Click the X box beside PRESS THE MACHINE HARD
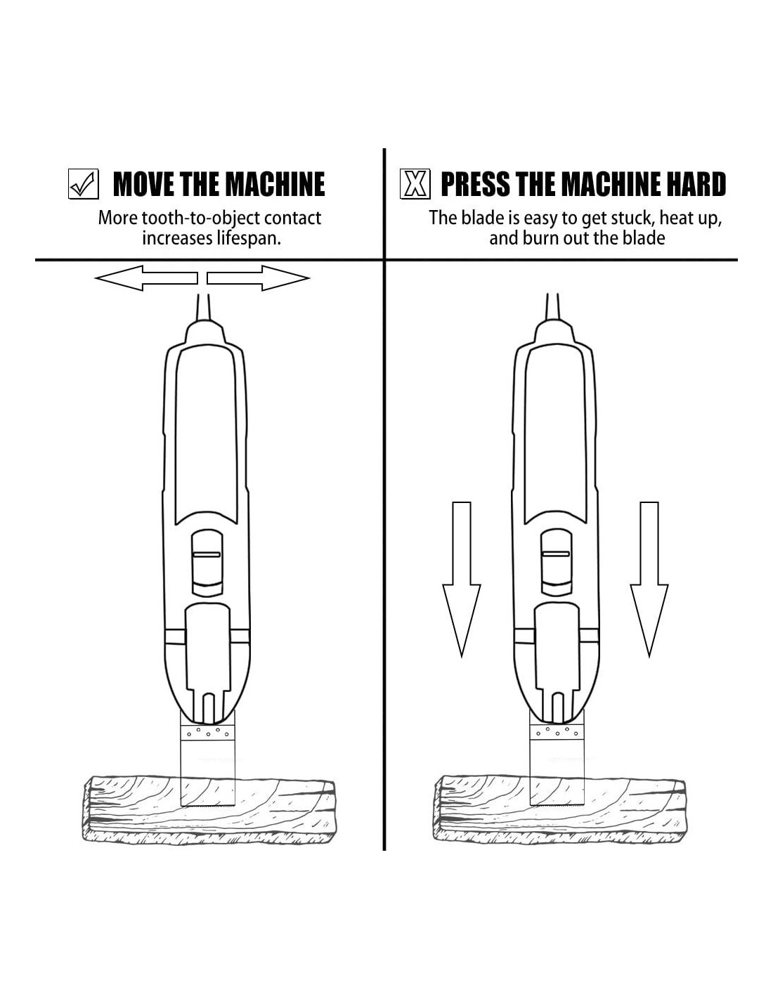pos(415,184)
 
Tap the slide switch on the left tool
pos(207,559)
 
